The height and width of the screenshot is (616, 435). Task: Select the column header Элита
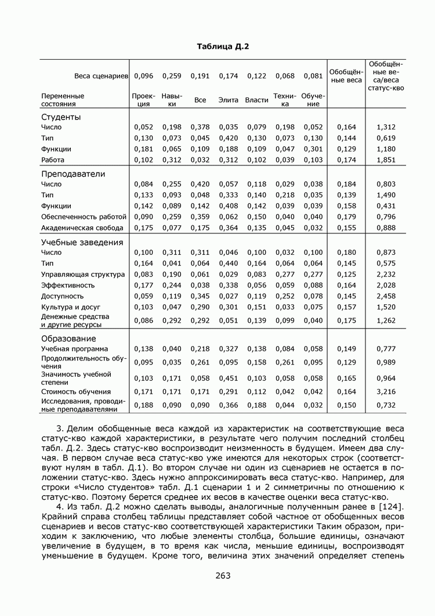point(229,100)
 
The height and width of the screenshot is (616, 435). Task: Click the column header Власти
point(256,100)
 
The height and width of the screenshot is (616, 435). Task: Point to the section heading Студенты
point(61,117)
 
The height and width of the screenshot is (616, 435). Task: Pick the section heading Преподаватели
point(73,174)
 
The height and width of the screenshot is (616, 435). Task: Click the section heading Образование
point(68,338)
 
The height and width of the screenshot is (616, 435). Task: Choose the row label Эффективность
point(67,285)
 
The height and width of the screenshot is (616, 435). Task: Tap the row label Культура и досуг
point(70,307)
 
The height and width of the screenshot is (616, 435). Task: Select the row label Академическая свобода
point(82,228)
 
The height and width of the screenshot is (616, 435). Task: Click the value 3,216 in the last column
point(386,392)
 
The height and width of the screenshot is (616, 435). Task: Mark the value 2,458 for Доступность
point(386,296)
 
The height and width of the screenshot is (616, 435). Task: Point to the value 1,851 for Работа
point(386,160)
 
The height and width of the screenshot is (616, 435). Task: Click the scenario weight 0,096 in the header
point(143,76)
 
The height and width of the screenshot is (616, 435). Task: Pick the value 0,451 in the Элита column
point(229,378)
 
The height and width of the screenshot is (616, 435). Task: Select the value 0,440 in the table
point(229,263)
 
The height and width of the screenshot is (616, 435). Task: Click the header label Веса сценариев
point(100,76)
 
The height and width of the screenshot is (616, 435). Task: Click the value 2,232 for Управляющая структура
point(386,274)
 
